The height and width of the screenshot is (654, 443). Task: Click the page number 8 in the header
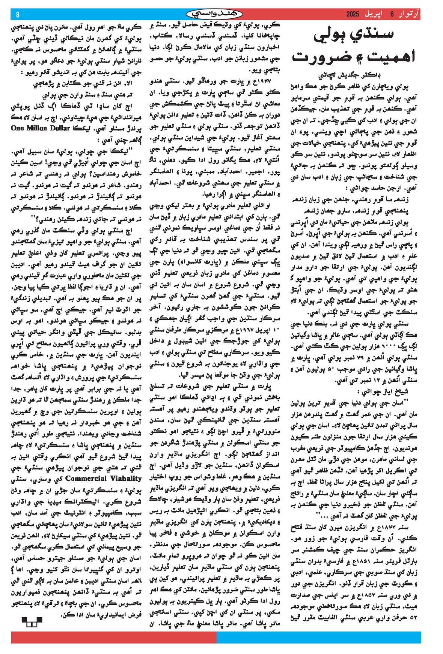pyautogui.click(x=18, y=15)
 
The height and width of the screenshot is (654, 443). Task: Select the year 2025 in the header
pyautogui.click(x=353, y=14)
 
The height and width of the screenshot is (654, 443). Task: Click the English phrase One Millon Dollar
pyautogui.click(x=41, y=128)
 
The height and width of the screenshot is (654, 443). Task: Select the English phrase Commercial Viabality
pyautogui.click(x=103, y=478)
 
